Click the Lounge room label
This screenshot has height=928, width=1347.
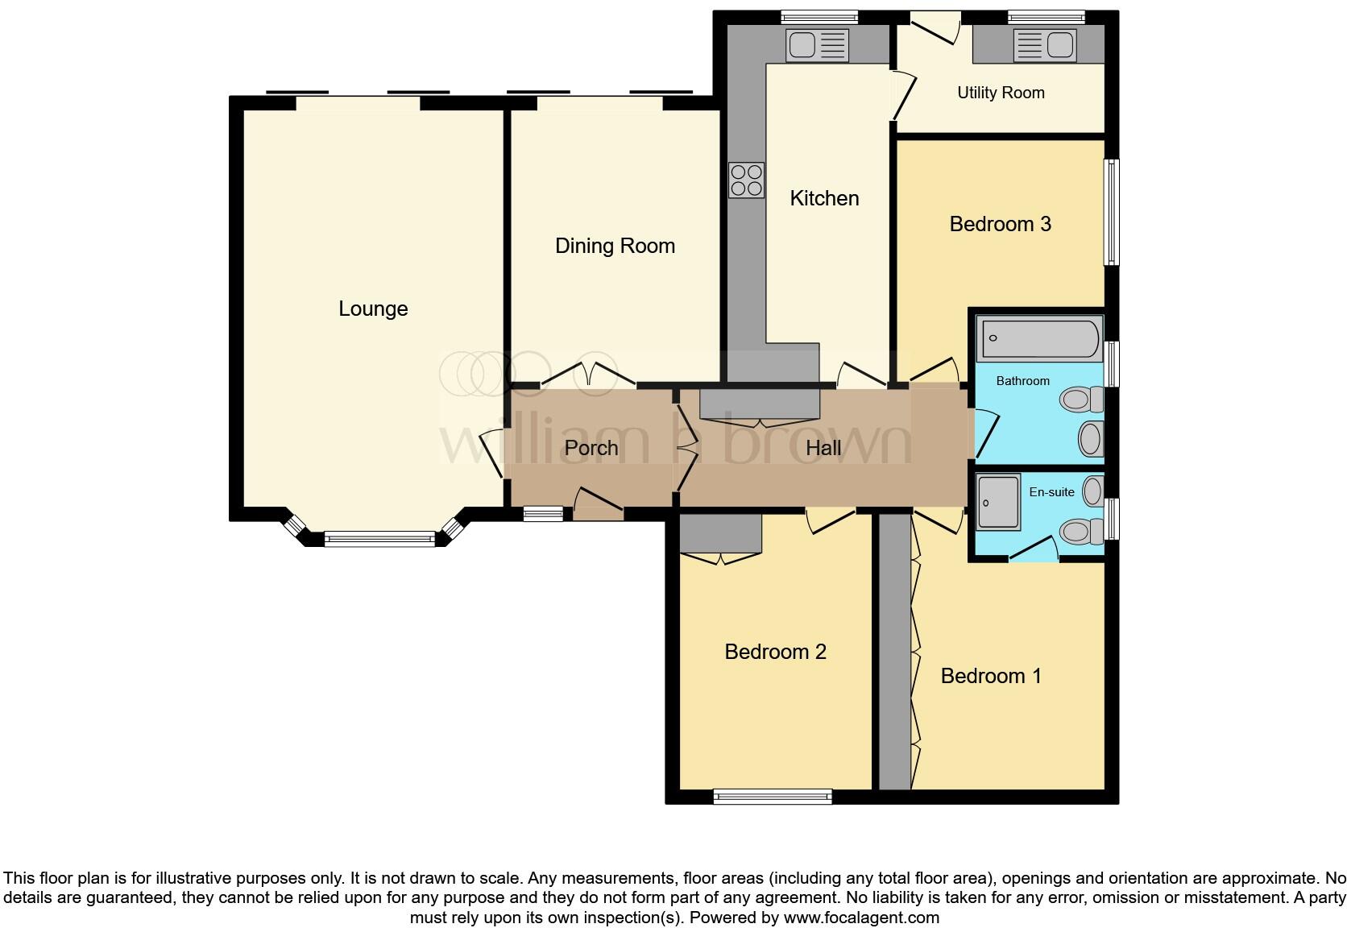point(373,309)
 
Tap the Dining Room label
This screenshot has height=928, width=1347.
point(615,246)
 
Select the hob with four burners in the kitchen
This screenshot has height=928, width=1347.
point(746,180)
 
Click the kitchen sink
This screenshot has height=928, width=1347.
point(818,45)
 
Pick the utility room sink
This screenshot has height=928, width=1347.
point(1045,45)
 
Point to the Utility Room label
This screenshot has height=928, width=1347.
point(1001,93)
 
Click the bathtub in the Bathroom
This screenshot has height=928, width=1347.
point(1039,338)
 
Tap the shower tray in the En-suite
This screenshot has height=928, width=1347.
point(999,502)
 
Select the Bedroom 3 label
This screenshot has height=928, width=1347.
point(1000,224)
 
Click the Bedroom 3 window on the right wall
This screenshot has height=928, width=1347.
point(1111,212)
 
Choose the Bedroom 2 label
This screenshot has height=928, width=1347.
point(775,652)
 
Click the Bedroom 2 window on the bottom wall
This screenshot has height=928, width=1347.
point(773,797)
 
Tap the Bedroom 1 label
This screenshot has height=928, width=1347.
point(991,676)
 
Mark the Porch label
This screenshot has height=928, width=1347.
point(591,448)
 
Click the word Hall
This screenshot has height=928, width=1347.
point(823,448)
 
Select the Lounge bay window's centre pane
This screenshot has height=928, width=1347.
point(379,539)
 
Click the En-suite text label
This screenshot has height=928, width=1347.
point(1051,491)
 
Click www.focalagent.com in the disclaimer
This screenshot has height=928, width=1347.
point(861,917)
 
